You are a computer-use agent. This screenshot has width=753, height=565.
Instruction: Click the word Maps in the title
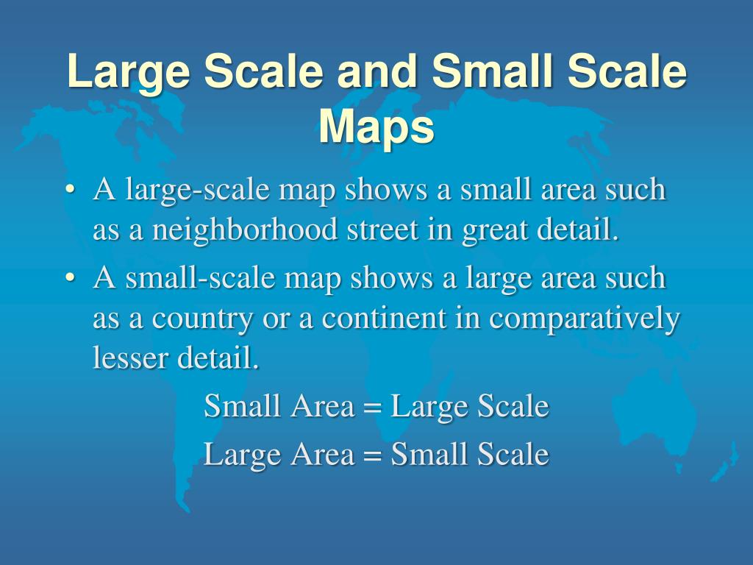point(376,128)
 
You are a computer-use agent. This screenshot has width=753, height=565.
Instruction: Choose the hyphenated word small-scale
point(200,279)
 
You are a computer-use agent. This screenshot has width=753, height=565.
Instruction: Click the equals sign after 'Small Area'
point(373,408)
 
